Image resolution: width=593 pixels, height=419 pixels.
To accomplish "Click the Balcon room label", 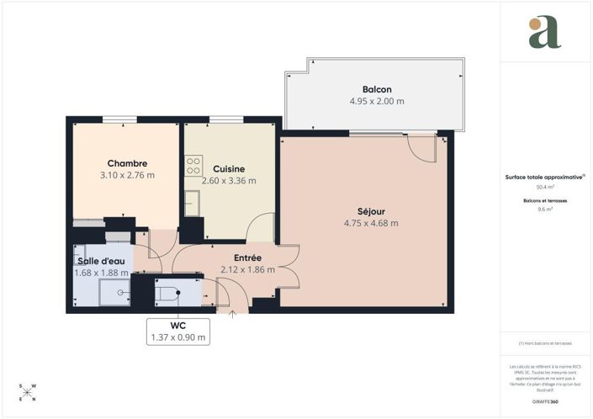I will (x=377, y=89).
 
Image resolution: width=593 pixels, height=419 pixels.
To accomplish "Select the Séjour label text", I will (x=371, y=211).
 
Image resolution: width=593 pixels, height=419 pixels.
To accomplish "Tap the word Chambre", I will (x=127, y=163).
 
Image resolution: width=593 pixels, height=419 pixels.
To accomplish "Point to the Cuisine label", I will (x=229, y=168).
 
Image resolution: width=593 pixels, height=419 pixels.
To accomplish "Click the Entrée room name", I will (x=248, y=257).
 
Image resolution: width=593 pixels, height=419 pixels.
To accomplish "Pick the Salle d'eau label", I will (x=102, y=261).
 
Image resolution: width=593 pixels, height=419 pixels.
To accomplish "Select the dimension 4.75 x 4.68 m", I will (x=371, y=223).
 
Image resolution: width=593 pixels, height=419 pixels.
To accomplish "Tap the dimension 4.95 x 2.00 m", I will (x=377, y=101).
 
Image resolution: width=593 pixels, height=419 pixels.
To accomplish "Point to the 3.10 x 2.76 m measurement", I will (x=127, y=176).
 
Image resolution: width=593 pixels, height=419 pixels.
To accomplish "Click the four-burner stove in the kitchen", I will (x=194, y=162).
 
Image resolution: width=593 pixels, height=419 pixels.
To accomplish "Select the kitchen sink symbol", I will (x=193, y=202).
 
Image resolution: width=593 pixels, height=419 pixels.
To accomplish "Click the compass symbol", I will (x=28, y=392).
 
